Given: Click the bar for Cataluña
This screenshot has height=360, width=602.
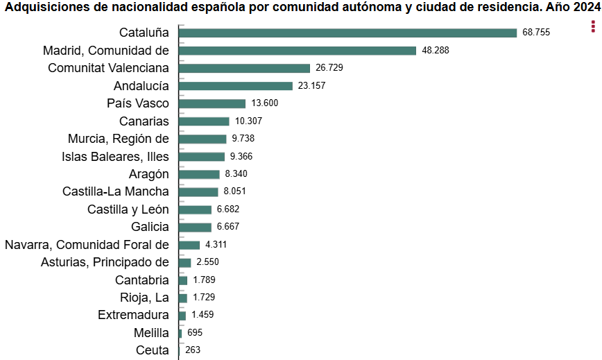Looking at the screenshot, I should [347, 33].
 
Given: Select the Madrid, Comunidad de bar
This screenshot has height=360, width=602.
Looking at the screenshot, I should [297, 51].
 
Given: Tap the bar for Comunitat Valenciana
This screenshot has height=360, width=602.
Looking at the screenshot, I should [244, 68].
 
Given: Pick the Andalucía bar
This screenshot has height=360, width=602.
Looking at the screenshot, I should [236, 86].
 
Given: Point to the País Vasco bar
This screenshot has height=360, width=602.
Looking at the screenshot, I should [212, 103].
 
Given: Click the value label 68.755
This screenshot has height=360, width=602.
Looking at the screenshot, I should [536, 33].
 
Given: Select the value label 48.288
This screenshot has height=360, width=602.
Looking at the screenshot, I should [436, 51].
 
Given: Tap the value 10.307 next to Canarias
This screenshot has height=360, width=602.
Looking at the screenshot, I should [249, 121].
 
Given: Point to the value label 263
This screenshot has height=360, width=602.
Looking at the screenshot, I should [193, 350].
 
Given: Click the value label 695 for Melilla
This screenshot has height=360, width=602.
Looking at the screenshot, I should [195, 333].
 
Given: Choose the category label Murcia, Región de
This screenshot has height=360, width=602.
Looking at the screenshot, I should [119, 139].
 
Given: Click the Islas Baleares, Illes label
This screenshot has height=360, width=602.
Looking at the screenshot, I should [115, 156].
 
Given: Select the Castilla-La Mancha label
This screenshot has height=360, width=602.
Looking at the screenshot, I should [115, 191].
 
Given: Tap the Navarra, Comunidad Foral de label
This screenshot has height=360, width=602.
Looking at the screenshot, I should [87, 244].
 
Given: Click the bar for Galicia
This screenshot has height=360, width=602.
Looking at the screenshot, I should [195, 227].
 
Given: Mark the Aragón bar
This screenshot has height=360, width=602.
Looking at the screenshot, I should [199, 174].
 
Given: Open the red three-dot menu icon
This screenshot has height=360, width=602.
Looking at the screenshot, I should [593, 26].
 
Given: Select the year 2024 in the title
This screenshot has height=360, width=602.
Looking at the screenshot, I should [587, 7].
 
